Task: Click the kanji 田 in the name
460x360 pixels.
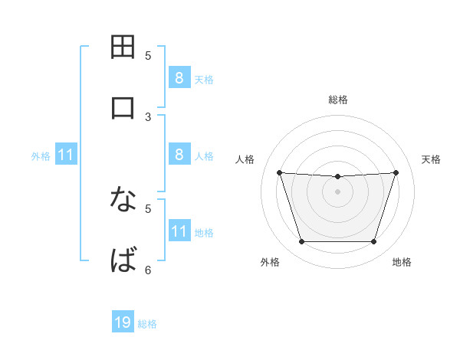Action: click(123, 47)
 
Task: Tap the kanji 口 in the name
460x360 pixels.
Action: click(123, 108)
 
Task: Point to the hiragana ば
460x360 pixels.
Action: click(123, 261)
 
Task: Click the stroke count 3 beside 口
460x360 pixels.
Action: click(148, 116)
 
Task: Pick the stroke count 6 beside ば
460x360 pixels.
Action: click(148, 270)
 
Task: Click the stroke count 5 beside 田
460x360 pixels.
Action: click(148, 55)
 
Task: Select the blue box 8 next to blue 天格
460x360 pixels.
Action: click(179, 77)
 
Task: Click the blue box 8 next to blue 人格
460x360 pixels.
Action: click(179, 154)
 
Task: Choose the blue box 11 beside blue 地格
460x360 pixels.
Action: click(179, 231)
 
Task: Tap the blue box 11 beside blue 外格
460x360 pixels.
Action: click(65, 155)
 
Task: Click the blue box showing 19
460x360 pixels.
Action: click(123, 322)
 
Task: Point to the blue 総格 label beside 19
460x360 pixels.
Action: click(147, 324)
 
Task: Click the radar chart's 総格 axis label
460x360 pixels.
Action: click(337, 100)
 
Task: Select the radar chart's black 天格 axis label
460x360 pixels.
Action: click(432, 159)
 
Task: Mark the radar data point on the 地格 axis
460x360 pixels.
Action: click(373, 242)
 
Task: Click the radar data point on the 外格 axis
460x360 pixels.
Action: click(301, 242)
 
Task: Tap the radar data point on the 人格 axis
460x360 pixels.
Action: click(279, 172)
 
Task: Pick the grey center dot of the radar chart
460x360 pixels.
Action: click(337, 191)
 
